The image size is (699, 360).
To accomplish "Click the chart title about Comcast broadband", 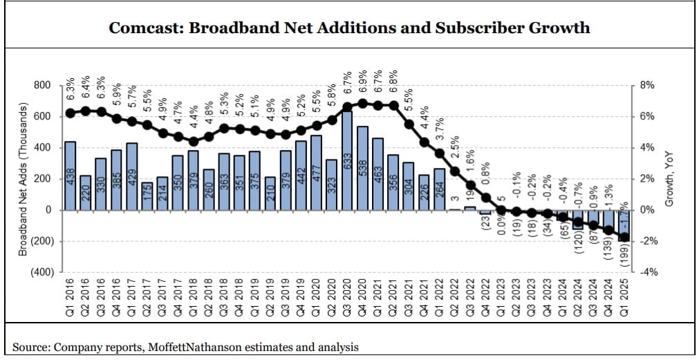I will tap(349, 28).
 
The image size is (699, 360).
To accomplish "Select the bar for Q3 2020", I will tap(347, 160).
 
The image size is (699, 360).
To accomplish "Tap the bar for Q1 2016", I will tap(70, 176).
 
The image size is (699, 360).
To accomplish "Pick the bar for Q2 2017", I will tap(147, 196).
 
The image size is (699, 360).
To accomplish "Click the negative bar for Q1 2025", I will tap(624, 225).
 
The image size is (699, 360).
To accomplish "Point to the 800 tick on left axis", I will tap(42, 85).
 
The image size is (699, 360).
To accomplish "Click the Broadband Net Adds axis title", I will tap(22, 180).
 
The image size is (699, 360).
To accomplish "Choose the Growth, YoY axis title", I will tap(669, 179).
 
